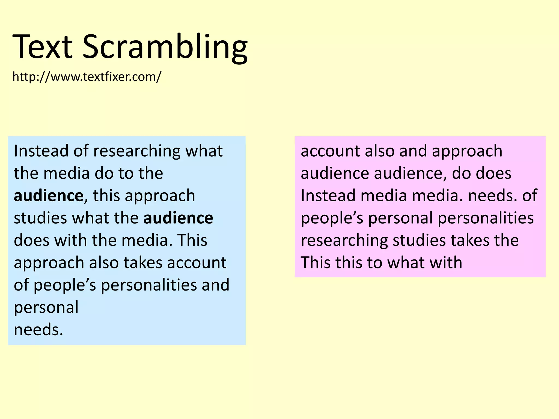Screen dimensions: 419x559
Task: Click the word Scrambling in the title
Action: click(165, 47)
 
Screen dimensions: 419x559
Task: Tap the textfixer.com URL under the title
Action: click(87, 77)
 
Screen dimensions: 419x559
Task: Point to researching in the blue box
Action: click(136, 151)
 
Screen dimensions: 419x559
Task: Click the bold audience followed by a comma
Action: click(49, 196)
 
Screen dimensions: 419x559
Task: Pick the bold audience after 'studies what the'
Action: click(178, 218)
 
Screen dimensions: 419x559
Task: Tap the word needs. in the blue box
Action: click(38, 330)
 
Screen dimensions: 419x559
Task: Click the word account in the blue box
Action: click(197, 263)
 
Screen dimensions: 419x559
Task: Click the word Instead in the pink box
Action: click(328, 196)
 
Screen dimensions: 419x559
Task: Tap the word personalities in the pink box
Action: click(486, 218)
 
